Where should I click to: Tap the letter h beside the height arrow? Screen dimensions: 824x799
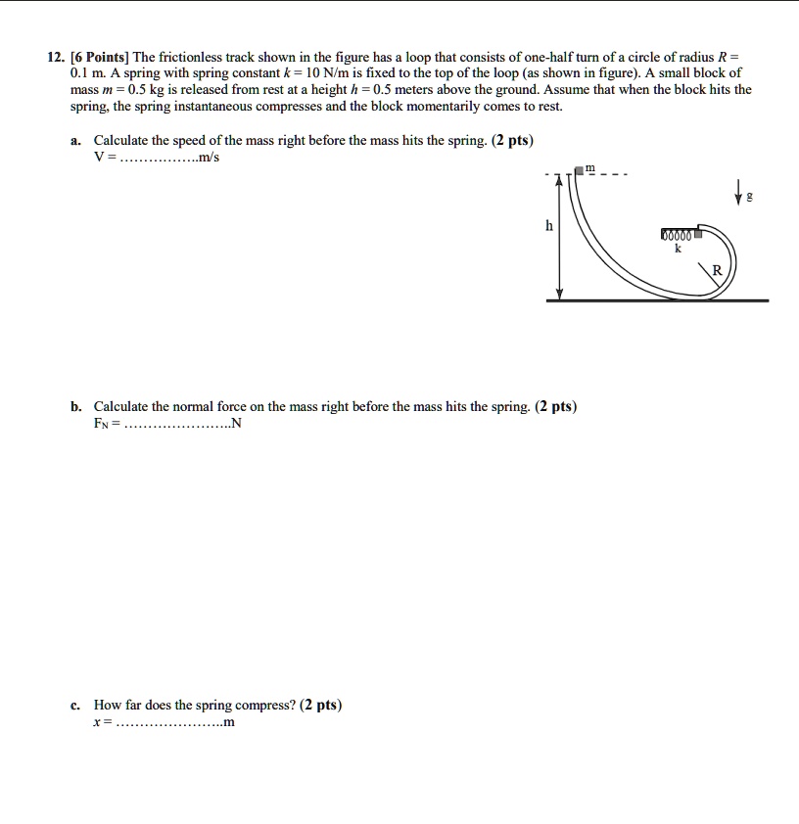pyautogui.click(x=549, y=225)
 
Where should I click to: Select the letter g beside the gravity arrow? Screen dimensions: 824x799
pyautogui.click(x=750, y=197)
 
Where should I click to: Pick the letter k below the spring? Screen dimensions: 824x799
pyautogui.click(x=677, y=250)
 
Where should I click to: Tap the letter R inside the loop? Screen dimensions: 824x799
pyautogui.click(x=717, y=270)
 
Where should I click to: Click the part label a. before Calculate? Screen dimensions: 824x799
pyautogui.click(x=76, y=140)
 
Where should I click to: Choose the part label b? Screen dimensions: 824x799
pyautogui.click(x=76, y=405)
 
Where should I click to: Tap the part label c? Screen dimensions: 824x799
pyautogui.click(x=75, y=705)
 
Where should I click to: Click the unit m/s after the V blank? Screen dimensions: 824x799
pyautogui.click(x=209, y=159)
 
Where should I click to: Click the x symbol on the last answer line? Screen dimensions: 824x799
pyautogui.click(x=97, y=723)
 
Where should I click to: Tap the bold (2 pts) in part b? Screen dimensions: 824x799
pyautogui.click(x=556, y=405)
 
